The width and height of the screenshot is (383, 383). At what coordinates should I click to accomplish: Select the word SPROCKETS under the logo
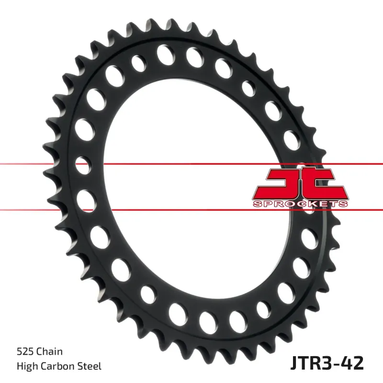tap(299, 204)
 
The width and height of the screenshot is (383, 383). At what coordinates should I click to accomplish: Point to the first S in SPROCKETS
tap(256, 204)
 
